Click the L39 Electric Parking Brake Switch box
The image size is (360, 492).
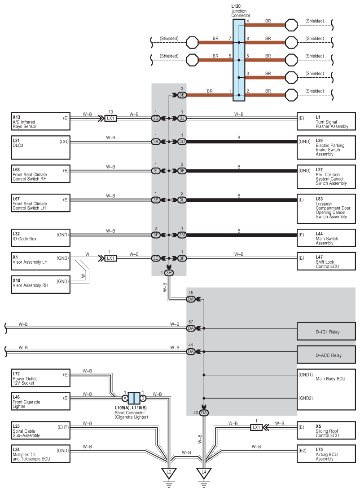326,147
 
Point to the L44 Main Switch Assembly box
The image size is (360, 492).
326,239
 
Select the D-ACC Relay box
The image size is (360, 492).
326,355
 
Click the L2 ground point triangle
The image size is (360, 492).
169,473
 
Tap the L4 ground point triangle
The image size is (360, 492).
204,473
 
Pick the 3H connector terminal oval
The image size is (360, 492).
169,273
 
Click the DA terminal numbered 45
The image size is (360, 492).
191,299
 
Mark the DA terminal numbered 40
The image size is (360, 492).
204,412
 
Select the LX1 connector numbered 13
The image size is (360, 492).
111,119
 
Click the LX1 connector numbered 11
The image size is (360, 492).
111,258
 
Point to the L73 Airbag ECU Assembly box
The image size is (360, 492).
326,454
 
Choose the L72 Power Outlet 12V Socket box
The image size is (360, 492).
41,378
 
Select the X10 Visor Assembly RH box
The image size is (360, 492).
41,285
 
